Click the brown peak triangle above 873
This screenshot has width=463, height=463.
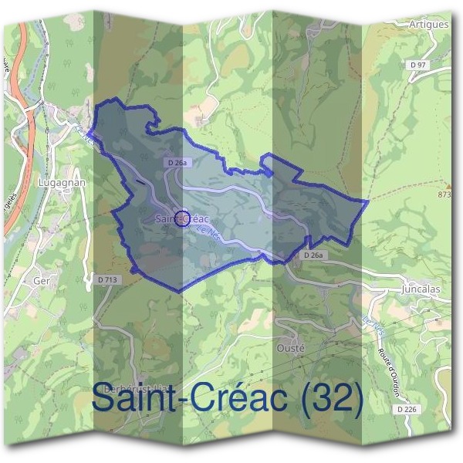coord(448,185)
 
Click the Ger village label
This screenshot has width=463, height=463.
coord(42,281)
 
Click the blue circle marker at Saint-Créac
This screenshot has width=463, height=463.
coord(182,219)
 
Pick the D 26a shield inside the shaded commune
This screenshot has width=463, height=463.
coord(177,163)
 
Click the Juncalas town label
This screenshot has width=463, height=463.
coord(421,289)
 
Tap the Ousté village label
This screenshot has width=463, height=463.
coord(291,348)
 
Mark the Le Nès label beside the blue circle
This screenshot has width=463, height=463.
coord(208,232)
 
